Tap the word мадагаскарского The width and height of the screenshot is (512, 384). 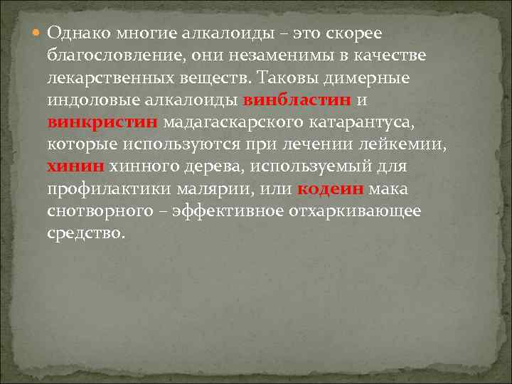coord(234,122)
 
